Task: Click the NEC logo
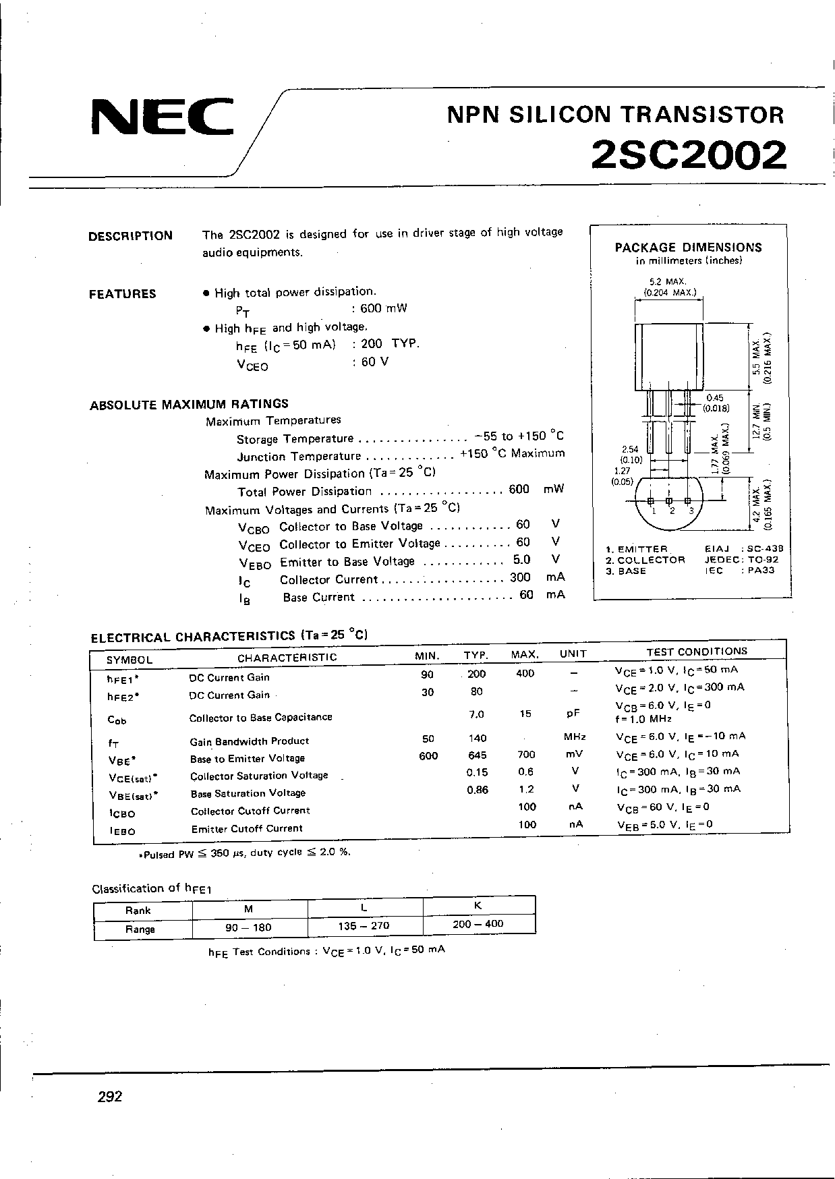tap(162, 118)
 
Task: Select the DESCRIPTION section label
tap(130, 236)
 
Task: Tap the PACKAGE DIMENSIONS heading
tap(688, 248)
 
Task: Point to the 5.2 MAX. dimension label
tap(667, 281)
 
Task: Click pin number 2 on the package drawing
tap(672, 511)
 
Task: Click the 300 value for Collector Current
tap(520, 577)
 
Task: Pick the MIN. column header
tap(428, 656)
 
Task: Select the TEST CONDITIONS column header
tap(697, 652)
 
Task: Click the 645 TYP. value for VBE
tap(476, 755)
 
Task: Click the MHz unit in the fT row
tap(575, 737)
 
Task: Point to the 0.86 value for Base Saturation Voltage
tap(478, 790)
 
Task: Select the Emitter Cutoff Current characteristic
tap(247, 828)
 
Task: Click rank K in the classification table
tap(478, 906)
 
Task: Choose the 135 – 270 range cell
tap(364, 925)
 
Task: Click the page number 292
tap(110, 1097)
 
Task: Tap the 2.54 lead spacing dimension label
tap(631, 449)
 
